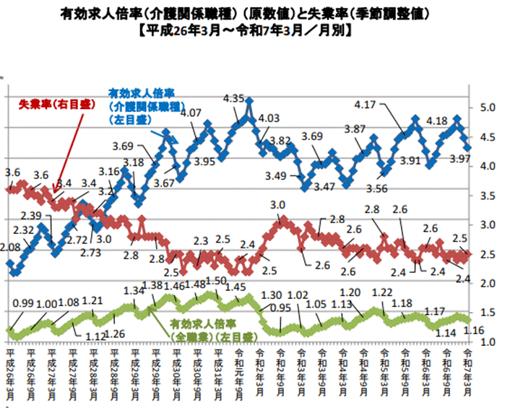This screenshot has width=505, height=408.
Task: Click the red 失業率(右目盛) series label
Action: (x=48, y=103)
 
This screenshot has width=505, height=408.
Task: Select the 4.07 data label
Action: (x=190, y=113)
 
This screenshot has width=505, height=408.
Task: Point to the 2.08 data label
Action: (x=12, y=247)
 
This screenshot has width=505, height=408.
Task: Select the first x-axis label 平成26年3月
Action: (x=10, y=370)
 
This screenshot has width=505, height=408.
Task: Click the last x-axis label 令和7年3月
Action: (x=467, y=370)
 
